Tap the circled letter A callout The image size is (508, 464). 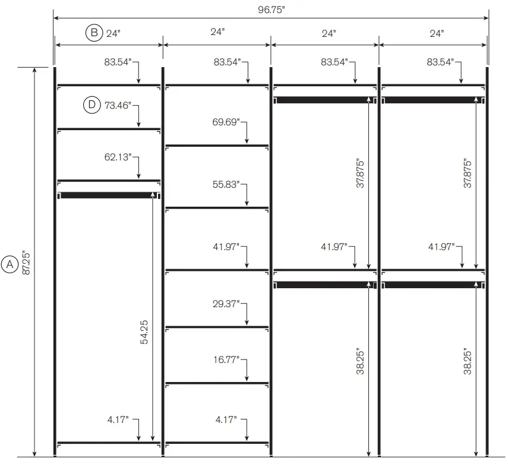pyautogui.click(x=10, y=265)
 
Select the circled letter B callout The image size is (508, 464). pyautogui.click(x=94, y=33)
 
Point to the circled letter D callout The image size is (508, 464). pyautogui.click(x=91, y=106)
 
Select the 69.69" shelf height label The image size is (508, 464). pyautogui.click(x=226, y=122)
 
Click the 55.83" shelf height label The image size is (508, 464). pyautogui.click(x=226, y=185)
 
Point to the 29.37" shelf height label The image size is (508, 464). pyautogui.click(x=226, y=304)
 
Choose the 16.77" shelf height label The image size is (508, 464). pyautogui.click(x=226, y=359)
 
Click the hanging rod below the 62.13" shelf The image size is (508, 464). pyautogui.click(x=107, y=195)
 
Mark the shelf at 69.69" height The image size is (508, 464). pyautogui.click(x=217, y=146)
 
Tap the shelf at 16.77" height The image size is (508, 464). pyautogui.click(x=217, y=383)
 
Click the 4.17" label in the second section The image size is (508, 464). pyautogui.click(x=226, y=420)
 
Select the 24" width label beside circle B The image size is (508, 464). pyautogui.click(x=113, y=33)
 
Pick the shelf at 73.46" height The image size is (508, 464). pyautogui.click(x=109, y=128)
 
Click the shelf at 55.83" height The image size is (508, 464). pyautogui.click(x=217, y=207)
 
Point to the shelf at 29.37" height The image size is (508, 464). pyautogui.click(x=217, y=327)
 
